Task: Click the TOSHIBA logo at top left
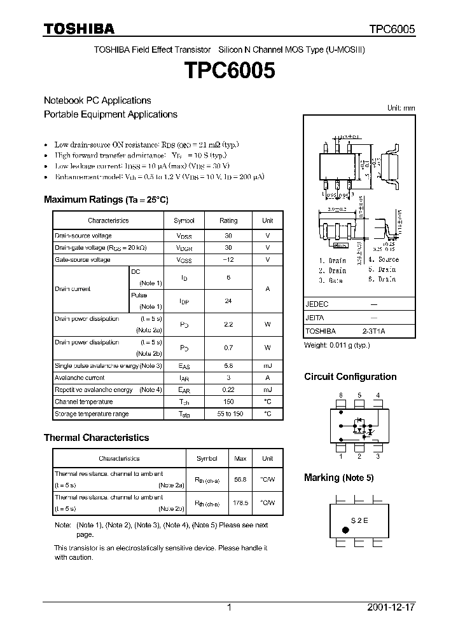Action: [79, 29]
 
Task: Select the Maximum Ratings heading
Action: [106, 200]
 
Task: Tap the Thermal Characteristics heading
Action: [96, 438]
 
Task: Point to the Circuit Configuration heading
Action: [350, 377]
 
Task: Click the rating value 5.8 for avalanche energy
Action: [228, 366]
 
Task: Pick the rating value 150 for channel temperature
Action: [228, 402]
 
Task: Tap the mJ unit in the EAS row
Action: [267, 366]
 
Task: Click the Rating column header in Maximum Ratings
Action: [228, 220]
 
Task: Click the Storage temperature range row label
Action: [92, 414]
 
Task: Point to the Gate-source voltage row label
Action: [83, 260]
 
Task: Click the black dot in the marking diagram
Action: [345, 529]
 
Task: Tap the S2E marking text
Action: [359, 519]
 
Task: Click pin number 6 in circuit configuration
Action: [341, 395]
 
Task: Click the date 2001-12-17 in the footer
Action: [391, 607]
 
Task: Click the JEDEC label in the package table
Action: [317, 304]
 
